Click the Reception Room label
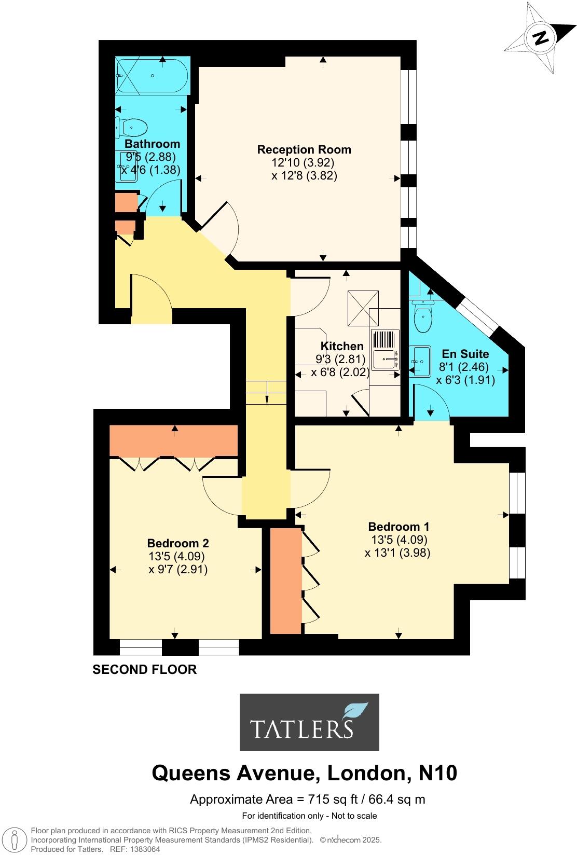tap(304, 149)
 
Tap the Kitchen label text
tap(341, 346)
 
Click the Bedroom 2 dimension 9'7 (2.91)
tap(178, 569)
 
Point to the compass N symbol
tap(541, 37)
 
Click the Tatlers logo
tap(309, 722)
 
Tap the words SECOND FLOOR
tap(144, 669)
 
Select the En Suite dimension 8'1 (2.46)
tap(464, 367)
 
